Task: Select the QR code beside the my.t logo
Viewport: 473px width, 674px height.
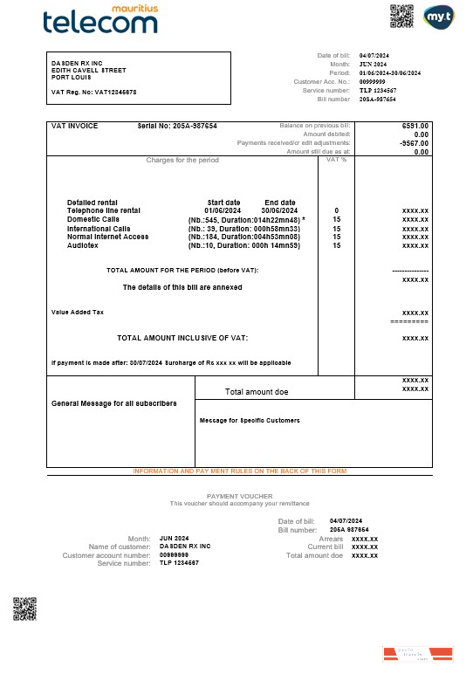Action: pos(401,16)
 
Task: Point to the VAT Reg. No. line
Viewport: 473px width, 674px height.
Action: pos(93,92)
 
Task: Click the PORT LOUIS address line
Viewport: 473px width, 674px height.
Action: pos(72,77)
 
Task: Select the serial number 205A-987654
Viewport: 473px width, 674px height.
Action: pos(177,126)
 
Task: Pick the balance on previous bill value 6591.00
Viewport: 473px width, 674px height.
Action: pos(415,126)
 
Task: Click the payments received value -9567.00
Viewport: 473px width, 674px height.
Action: pos(413,143)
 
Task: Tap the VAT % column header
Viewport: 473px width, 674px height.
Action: pos(336,160)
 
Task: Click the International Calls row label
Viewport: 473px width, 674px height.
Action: pos(99,228)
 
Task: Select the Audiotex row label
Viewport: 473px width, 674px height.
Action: pos(84,245)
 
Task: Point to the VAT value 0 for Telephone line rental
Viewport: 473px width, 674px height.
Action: pos(336,210)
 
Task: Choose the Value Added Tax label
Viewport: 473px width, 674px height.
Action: pos(78,312)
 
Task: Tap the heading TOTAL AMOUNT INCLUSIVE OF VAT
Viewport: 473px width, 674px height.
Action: pos(183,337)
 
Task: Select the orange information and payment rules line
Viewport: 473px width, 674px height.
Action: pos(240,471)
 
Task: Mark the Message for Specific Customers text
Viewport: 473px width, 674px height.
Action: pos(250,420)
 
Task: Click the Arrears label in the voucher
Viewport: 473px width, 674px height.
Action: pos(331,539)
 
